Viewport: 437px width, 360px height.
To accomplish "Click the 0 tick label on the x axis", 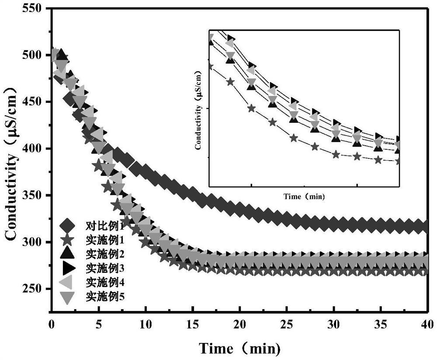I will [x=51, y=324].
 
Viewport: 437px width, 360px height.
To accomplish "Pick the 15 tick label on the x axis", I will [x=192, y=324].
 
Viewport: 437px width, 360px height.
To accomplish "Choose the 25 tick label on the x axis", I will [x=286, y=324].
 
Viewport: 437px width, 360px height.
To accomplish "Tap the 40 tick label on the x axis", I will [x=427, y=324].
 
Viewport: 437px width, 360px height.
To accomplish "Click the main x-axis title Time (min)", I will [x=239, y=349].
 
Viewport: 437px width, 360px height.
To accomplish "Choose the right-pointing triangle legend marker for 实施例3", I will [x=69, y=268].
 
